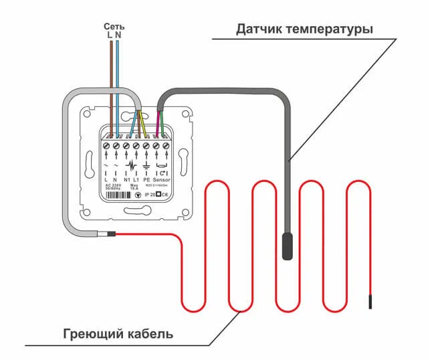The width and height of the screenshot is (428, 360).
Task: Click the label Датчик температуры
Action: (304, 30)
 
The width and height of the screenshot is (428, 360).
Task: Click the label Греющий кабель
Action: (118, 333)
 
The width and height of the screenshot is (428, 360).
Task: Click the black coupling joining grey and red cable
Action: (110, 234)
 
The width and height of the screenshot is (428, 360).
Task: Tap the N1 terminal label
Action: (127, 181)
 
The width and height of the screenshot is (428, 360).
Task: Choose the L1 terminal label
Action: (136, 181)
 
